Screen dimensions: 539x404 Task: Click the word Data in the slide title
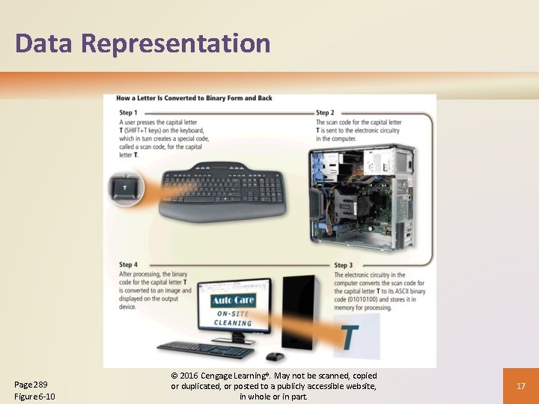[43, 43]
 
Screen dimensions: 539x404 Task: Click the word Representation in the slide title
[176, 43]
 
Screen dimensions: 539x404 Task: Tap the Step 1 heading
[128, 113]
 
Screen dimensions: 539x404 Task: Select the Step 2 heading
[325, 113]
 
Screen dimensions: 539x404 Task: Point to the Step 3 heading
[343, 265]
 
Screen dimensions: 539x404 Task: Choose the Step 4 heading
[128, 265]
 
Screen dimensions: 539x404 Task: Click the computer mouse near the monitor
[275, 356]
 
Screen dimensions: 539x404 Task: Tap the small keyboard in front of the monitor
[206, 349]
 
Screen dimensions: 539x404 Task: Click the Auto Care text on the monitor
[233, 301]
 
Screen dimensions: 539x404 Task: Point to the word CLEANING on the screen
[233, 323]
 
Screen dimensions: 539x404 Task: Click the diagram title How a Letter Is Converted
[194, 98]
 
